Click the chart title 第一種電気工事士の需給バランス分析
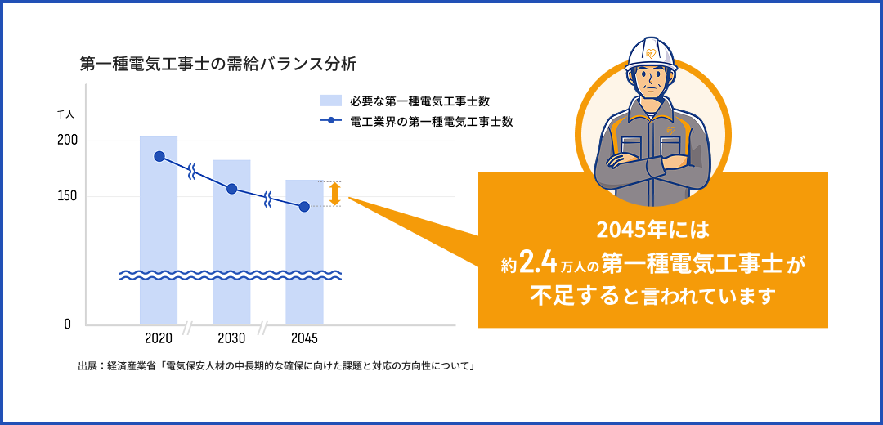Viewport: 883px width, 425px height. (217, 63)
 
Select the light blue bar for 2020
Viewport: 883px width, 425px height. (159, 237)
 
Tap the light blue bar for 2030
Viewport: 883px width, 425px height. (231, 245)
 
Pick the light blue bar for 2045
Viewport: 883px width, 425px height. (304, 253)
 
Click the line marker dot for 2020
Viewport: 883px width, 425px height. (159, 156)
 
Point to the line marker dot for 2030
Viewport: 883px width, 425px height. (231, 189)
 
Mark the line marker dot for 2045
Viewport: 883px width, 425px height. (304, 206)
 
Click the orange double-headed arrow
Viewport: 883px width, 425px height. (334, 194)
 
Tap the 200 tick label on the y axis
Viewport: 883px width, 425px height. (67, 141)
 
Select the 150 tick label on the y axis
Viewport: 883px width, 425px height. (67, 196)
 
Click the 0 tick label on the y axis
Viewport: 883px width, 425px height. (67, 324)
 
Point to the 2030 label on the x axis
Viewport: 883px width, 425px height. (231, 338)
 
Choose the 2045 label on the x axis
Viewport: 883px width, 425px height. (304, 338)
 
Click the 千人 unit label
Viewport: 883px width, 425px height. (65, 113)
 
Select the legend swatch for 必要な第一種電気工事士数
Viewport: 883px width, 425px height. (330, 101)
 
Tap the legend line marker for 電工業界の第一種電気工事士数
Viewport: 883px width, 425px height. (330, 122)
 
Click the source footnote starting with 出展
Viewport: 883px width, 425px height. (277, 365)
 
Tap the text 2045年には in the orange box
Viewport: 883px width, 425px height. (652, 227)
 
